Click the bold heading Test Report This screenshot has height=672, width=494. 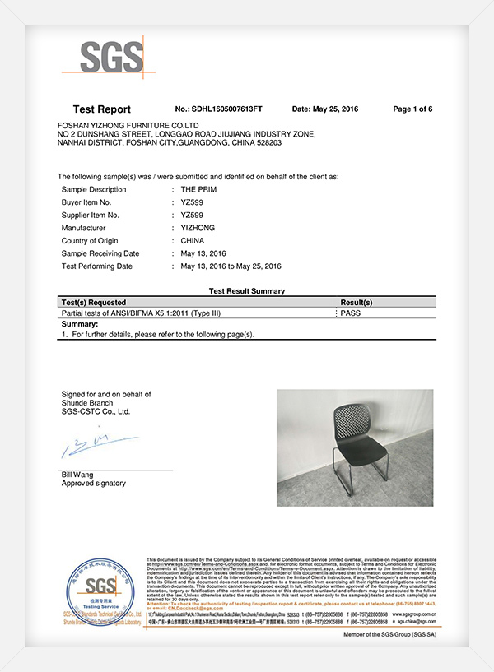coord(101,109)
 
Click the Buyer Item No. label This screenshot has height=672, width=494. coord(86,202)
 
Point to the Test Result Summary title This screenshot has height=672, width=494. coord(247,291)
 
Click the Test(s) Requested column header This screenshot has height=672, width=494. coord(95,303)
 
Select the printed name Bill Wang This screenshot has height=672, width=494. coord(77,475)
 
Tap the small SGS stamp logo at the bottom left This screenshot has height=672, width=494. coord(93,590)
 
